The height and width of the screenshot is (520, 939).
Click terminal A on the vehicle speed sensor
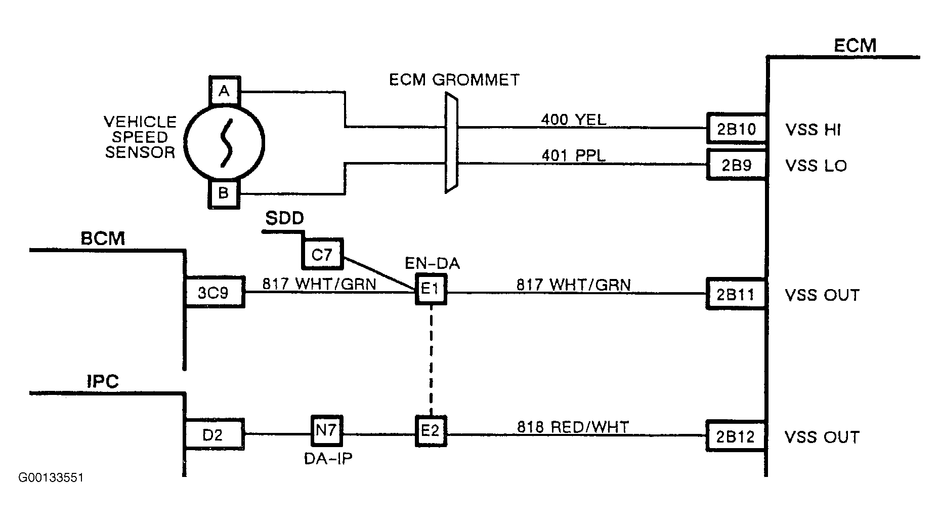point(224,91)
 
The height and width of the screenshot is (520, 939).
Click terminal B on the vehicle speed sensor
point(224,193)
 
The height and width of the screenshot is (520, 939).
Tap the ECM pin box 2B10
point(736,129)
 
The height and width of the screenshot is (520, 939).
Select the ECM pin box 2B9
point(736,165)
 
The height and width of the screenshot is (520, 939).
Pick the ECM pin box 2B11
point(736,294)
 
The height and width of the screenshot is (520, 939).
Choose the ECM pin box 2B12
point(736,436)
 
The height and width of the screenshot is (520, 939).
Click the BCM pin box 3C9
point(214,293)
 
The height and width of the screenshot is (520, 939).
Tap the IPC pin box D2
point(214,434)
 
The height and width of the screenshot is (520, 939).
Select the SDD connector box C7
point(322,254)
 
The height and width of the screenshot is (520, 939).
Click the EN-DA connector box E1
point(431,290)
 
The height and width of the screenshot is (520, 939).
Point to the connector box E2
point(431,431)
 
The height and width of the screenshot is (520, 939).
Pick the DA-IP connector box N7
point(326,430)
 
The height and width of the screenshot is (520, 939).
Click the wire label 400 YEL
point(574,119)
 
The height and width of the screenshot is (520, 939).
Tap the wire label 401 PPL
point(573,155)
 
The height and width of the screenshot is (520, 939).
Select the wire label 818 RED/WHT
point(572,427)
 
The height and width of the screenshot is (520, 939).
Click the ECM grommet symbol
point(451,143)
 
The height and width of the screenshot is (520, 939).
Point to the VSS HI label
point(813,130)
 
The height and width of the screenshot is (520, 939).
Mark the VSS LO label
point(816,166)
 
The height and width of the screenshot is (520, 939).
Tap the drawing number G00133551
point(51,477)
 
